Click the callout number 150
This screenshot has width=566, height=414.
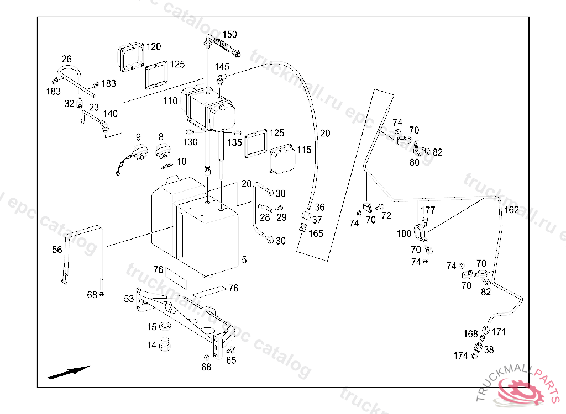229,34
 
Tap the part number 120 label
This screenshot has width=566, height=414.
154,46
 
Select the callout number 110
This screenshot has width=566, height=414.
170,101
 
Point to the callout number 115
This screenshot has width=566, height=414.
304,150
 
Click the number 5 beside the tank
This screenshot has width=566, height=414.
244,259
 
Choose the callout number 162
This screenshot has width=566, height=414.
511,210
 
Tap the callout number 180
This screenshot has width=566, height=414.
404,233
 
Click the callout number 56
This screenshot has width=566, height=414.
57,250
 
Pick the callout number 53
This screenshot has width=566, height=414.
129,299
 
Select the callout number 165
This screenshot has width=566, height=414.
316,233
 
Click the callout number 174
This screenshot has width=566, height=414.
460,356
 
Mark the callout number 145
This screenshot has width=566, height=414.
222,67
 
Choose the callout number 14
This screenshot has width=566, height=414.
152,345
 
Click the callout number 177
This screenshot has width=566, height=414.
428,210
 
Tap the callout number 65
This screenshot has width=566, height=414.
231,360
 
